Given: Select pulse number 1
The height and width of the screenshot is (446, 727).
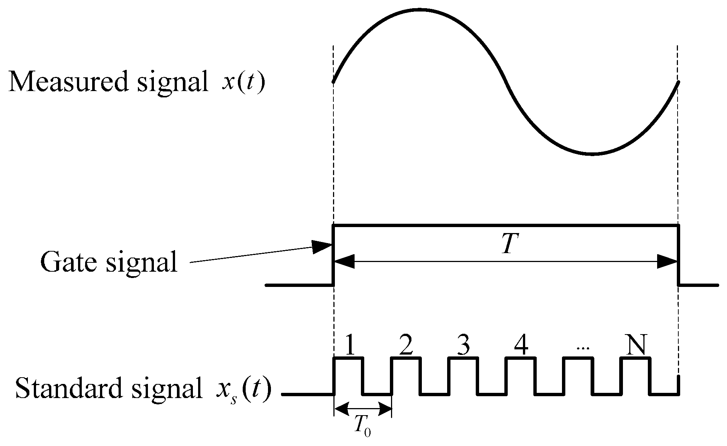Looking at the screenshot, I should (349, 346).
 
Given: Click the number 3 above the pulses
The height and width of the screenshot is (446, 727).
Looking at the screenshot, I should (462, 346).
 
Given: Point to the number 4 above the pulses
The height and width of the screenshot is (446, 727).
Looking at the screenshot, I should (521, 346).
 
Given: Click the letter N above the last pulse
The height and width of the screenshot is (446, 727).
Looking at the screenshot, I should (636, 346).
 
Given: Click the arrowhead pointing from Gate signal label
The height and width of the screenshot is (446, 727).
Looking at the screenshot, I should (322, 247).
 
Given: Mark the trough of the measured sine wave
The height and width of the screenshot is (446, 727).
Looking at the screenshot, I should (592, 153).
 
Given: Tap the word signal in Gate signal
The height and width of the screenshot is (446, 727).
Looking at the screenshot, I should (142, 262).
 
